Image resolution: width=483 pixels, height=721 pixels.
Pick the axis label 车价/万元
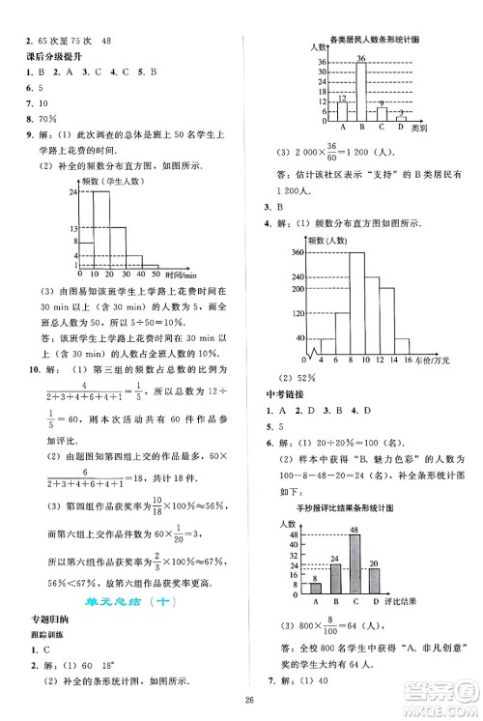434,360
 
